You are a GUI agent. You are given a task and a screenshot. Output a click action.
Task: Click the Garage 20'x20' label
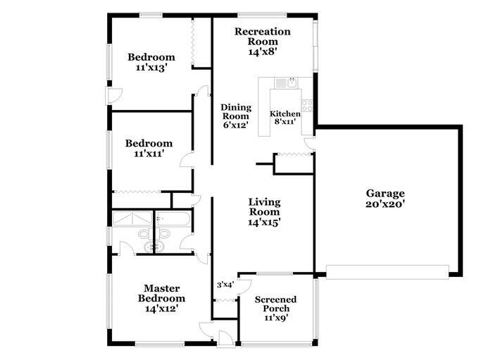[385, 199]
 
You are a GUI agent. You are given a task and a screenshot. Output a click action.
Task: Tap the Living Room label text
[264, 212]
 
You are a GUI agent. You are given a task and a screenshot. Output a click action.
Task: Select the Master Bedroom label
[162, 298]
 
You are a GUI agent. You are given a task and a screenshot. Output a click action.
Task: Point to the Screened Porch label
[275, 309]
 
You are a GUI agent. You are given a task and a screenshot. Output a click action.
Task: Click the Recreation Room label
[262, 41]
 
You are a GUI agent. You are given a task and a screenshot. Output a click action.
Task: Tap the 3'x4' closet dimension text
[225, 285]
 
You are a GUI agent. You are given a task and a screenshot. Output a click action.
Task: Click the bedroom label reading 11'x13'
[150, 63]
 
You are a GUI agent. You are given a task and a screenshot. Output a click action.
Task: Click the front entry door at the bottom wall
[225, 338]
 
